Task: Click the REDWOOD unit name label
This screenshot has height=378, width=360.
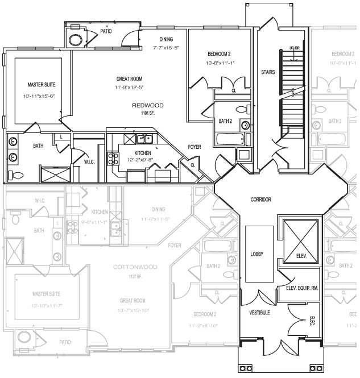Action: pyautogui.click(x=147, y=106)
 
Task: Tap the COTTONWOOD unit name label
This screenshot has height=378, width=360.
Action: pyautogui.click(x=134, y=267)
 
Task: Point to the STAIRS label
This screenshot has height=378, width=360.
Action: pyautogui.click(x=268, y=72)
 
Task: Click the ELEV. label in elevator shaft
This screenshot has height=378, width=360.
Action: pyautogui.click(x=301, y=256)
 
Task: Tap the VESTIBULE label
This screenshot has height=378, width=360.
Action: pyautogui.click(x=259, y=313)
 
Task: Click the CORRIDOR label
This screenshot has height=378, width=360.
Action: pyautogui.click(x=260, y=200)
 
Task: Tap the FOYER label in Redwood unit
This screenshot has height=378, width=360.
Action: pyautogui.click(x=195, y=147)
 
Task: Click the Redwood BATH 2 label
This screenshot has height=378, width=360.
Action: pyautogui.click(x=224, y=121)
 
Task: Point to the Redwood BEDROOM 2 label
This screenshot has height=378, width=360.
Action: pyautogui.click(x=220, y=54)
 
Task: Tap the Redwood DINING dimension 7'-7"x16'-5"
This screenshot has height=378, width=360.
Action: pyautogui.click(x=166, y=48)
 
